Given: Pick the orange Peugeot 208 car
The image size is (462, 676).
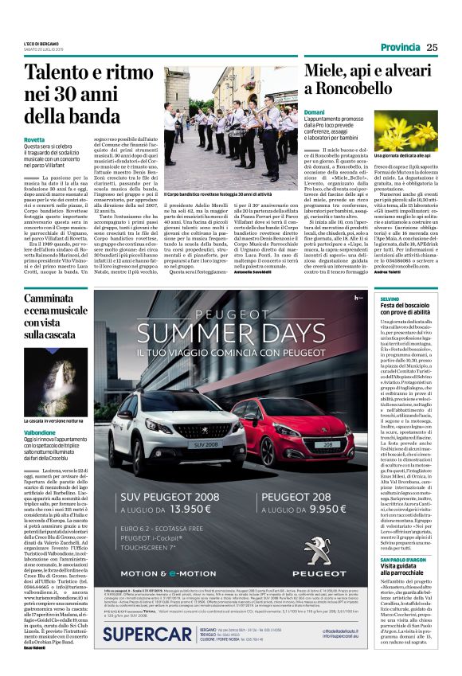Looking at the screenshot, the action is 299,431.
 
